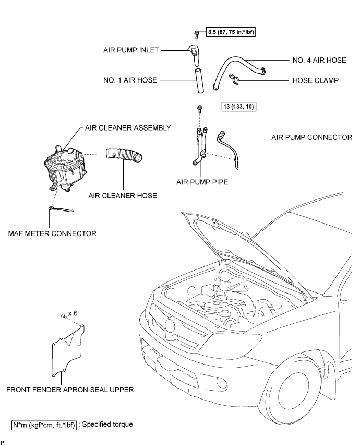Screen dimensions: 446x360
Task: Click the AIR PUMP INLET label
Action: (x=130, y=50)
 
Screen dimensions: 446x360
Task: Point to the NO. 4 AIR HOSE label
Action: (x=318, y=60)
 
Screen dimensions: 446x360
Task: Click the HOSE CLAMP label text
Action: (x=316, y=81)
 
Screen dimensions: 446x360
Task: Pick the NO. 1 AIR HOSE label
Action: (x=130, y=81)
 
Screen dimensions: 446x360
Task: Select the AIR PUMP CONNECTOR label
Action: (x=312, y=137)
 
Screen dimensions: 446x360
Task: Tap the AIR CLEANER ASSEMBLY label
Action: (x=125, y=127)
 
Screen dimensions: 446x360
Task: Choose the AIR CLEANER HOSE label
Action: (x=123, y=195)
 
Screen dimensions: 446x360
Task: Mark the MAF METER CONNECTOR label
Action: (x=52, y=233)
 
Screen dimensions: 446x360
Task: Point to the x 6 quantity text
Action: (x=73, y=313)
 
